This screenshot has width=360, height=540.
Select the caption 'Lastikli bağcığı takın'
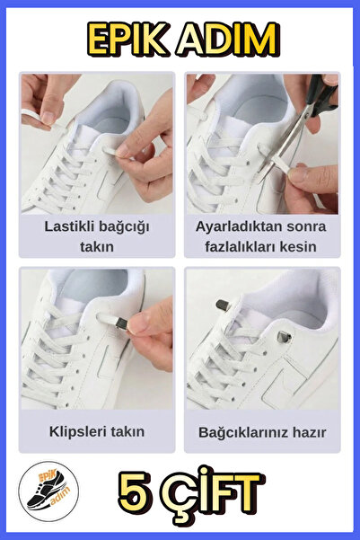coord(97,235)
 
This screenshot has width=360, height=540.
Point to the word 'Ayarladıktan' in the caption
coord(234,226)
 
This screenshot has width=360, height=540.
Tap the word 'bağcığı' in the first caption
coord(124,226)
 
